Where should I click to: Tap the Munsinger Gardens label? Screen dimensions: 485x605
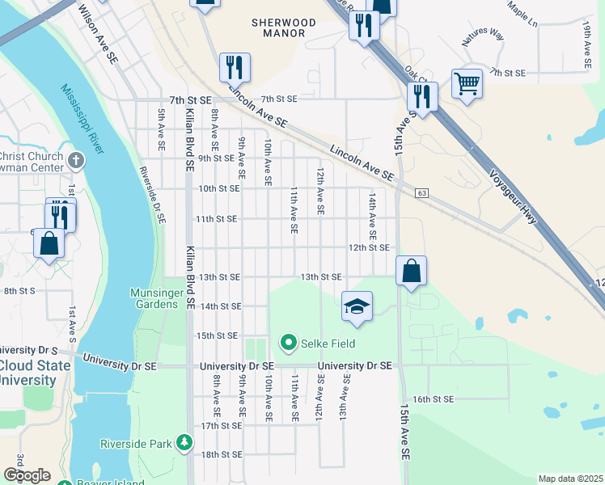pyautogui.click(x=154, y=298)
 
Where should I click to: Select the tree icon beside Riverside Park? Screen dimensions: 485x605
pyautogui.click(x=185, y=443)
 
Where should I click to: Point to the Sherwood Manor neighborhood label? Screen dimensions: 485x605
pyautogui.click(x=278, y=28)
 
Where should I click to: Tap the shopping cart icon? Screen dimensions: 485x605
pyautogui.click(x=467, y=82)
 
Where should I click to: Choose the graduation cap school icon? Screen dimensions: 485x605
pyautogui.click(x=357, y=306)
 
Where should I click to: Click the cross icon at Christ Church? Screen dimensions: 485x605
pyautogui.click(x=77, y=159)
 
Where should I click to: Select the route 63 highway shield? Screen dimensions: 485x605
pyautogui.click(x=422, y=193)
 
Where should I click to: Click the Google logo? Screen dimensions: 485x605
pyautogui.click(x=26, y=475)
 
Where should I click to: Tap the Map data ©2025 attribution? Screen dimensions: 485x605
pyautogui.click(x=570, y=479)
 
